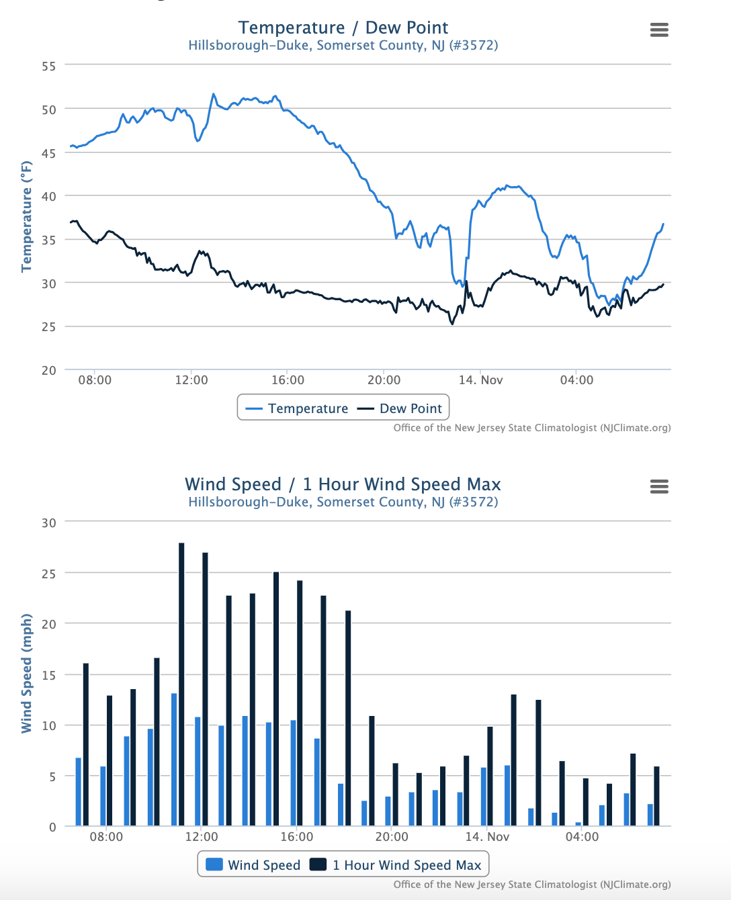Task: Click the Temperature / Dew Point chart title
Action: [x=343, y=28]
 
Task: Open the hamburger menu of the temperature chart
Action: [x=659, y=30]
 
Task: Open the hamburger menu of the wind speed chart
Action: [x=659, y=486]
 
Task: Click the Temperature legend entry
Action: [x=297, y=408]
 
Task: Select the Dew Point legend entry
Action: [x=400, y=408]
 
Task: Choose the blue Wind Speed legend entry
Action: [x=253, y=865]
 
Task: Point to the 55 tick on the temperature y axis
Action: [x=48, y=66]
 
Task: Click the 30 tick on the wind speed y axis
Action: [x=48, y=523]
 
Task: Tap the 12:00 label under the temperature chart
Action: [x=191, y=380]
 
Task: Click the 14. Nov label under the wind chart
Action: [x=488, y=837]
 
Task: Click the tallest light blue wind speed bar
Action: [x=174, y=759]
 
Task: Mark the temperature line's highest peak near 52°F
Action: [x=214, y=95]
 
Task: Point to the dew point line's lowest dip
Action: [x=452, y=324]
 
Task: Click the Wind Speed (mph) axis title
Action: [x=27, y=673]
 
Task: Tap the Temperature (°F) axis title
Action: [x=27, y=216]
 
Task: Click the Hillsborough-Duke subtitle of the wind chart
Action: [x=343, y=502]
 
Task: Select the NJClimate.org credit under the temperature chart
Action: [x=532, y=428]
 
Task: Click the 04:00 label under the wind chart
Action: [x=582, y=837]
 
